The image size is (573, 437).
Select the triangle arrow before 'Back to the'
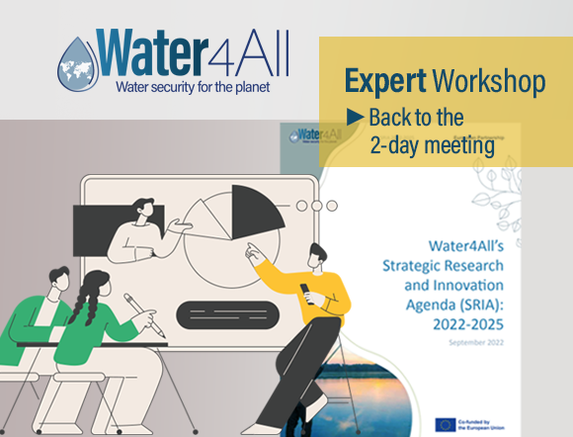click(355, 117)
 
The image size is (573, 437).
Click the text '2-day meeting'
click(431, 144)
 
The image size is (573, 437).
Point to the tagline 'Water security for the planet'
click(192, 86)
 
